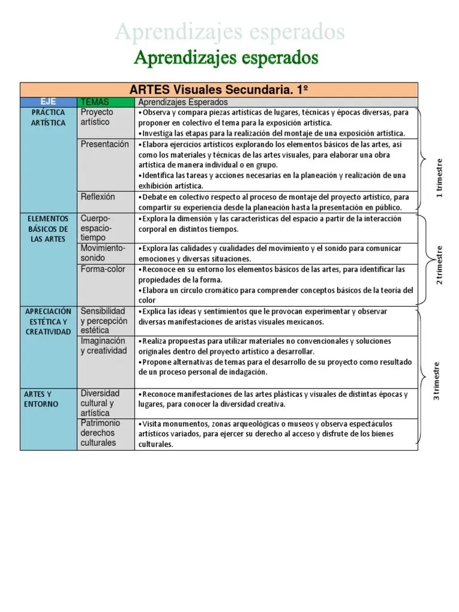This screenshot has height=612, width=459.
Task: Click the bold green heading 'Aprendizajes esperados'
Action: coord(226,58)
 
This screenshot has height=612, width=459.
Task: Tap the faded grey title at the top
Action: coord(229,32)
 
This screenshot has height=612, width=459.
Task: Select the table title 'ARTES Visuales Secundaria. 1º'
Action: coord(219,90)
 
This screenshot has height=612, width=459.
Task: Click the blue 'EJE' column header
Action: coord(48,102)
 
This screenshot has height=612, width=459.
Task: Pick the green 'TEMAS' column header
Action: coord(95,102)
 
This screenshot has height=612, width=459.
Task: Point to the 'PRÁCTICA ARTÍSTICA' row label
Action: coord(48,117)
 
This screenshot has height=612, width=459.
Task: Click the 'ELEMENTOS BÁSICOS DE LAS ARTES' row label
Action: coord(48,229)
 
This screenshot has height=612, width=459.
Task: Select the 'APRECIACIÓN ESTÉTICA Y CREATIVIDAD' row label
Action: coord(48,322)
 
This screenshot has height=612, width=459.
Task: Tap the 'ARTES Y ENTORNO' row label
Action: coord(42,399)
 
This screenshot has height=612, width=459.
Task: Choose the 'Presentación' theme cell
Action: coord(105,144)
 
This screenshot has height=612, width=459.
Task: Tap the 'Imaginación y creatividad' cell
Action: coord(104,345)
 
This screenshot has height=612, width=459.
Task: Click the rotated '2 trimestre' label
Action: coord(439,265)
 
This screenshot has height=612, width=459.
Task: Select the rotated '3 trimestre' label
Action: coord(437,381)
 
